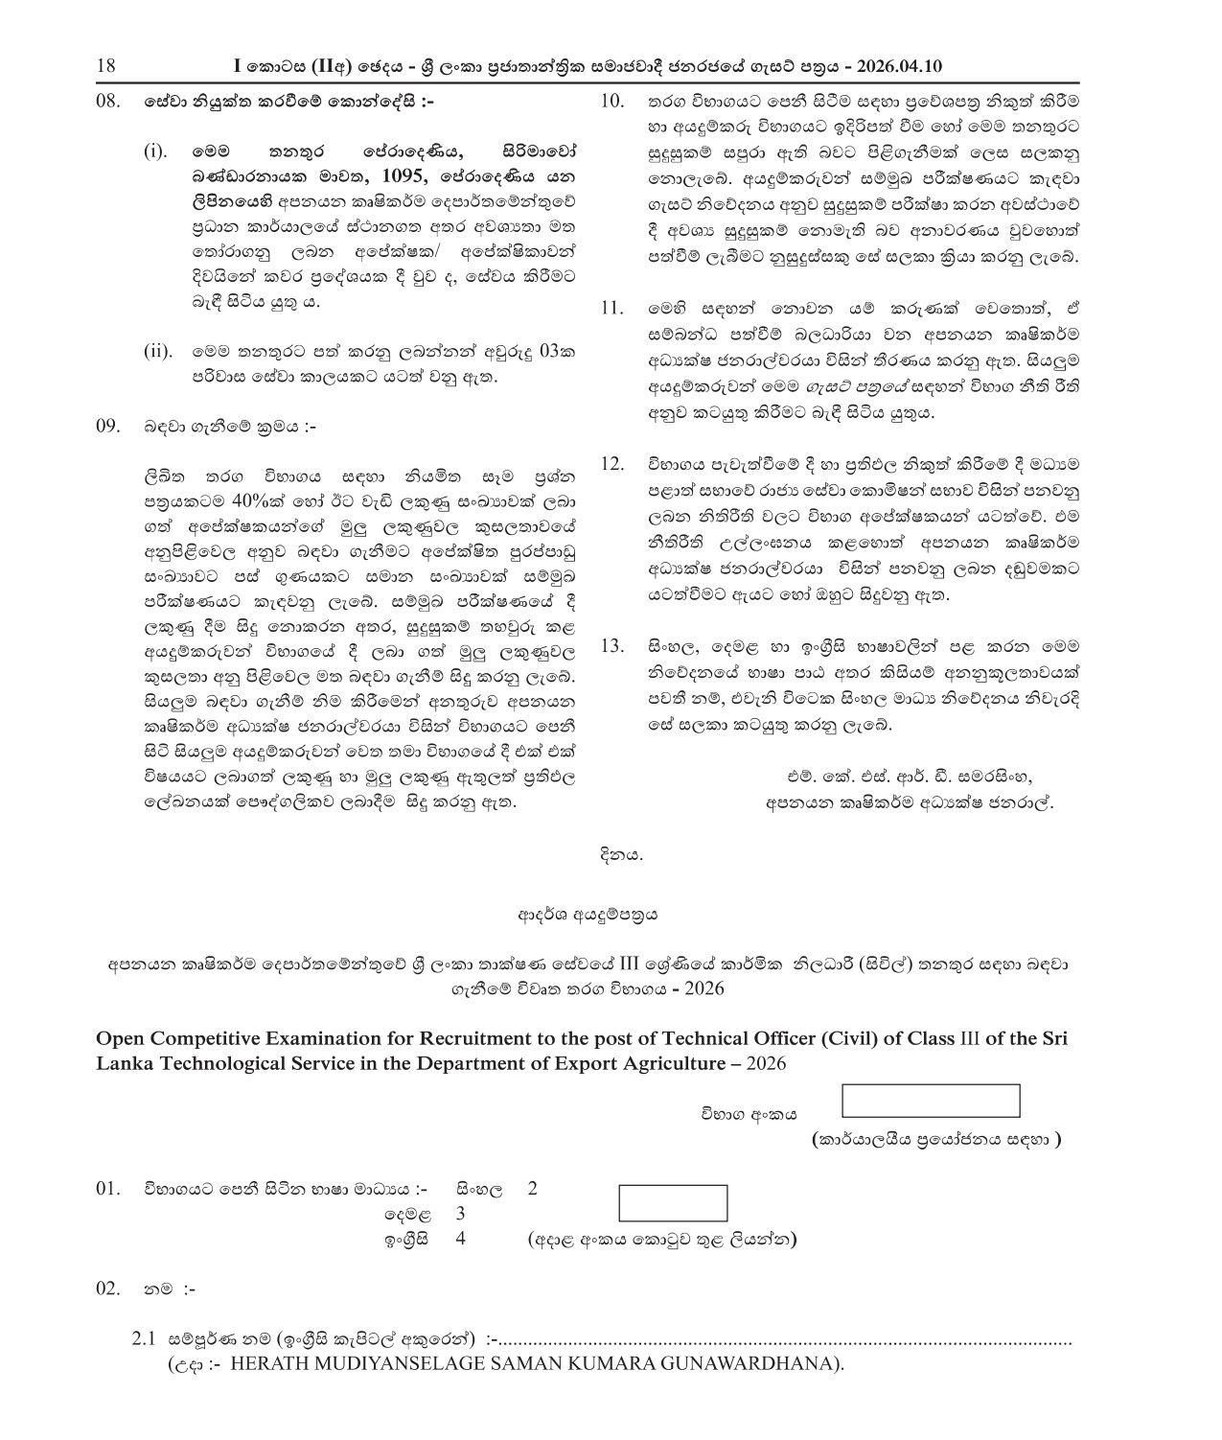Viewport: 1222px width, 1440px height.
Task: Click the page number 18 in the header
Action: [x=106, y=66]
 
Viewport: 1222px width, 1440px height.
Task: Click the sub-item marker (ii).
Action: [x=157, y=352]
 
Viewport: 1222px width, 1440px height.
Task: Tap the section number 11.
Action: [x=611, y=309]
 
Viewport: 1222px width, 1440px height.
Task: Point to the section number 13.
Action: [x=611, y=646]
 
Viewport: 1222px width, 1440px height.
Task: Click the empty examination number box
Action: [x=930, y=1101]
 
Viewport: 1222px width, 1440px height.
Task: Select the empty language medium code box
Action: [x=673, y=1203]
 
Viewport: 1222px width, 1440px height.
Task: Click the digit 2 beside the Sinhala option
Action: [x=533, y=1190]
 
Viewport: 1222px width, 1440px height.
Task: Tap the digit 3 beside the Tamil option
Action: [x=460, y=1214]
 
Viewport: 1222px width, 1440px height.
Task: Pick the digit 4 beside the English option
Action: [x=460, y=1238]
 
